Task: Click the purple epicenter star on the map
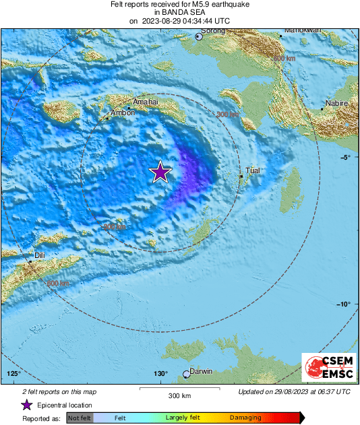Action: point(160,172)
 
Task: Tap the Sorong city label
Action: point(214,30)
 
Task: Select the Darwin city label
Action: point(202,371)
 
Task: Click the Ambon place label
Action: point(123,112)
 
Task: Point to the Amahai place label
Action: point(145,102)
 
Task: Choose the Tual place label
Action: point(252,171)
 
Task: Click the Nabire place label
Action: point(336,103)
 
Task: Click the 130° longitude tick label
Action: point(160,374)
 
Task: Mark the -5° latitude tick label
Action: point(345,158)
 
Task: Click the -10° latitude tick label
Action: point(343,304)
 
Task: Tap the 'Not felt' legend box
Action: point(79,418)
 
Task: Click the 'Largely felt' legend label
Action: point(180,418)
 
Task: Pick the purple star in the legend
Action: point(27,405)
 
